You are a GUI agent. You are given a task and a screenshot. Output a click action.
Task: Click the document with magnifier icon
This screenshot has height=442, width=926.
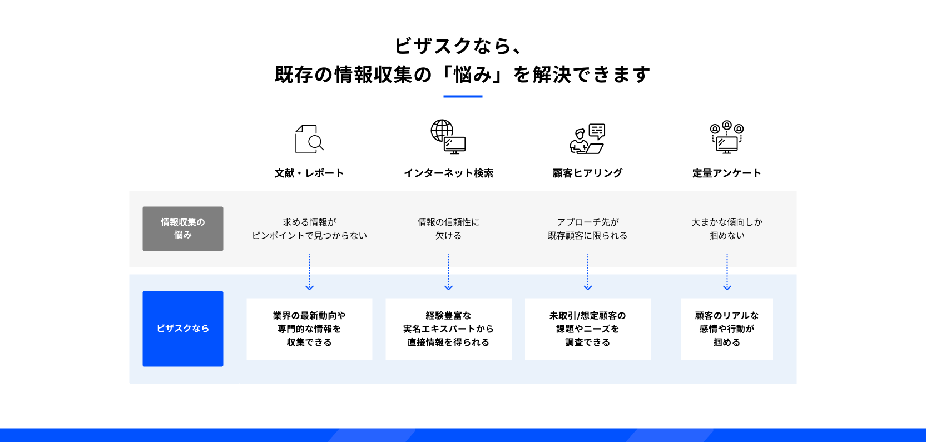pyautogui.click(x=309, y=139)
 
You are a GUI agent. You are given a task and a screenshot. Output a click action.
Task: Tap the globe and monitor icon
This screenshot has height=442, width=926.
pyautogui.click(x=448, y=136)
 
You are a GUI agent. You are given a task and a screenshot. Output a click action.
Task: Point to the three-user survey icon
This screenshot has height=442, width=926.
pyautogui.click(x=727, y=137)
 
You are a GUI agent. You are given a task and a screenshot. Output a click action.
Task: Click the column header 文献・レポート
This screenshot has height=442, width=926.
pyautogui.click(x=309, y=173)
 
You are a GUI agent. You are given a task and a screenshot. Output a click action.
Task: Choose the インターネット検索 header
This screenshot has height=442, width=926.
pyautogui.click(x=448, y=173)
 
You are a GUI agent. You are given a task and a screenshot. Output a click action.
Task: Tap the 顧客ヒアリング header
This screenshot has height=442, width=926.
pyautogui.click(x=587, y=173)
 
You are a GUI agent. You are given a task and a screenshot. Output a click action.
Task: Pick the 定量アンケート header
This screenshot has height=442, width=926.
pyautogui.click(x=727, y=173)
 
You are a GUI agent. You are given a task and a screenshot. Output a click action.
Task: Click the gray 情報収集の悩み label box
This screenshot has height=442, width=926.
pyautogui.click(x=183, y=229)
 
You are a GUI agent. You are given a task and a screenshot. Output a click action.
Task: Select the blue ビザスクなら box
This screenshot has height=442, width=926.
pyautogui.click(x=183, y=329)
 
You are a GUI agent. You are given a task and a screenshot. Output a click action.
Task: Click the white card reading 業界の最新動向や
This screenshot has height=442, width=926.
pyautogui.click(x=309, y=329)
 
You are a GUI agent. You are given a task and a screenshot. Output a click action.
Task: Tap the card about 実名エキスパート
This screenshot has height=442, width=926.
pyautogui.click(x=448, y=329)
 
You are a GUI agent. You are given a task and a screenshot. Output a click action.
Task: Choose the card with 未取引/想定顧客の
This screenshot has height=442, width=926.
pyautogui.click(x=587, y=329)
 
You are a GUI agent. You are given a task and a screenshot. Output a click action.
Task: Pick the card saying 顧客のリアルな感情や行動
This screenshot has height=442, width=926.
pyautogui.click(x=727, y=329)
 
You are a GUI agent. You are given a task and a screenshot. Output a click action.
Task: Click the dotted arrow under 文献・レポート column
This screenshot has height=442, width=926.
pyautogui.click(x=309, y=272)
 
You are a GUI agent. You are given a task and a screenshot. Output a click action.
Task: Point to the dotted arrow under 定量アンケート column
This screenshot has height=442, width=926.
pyautogui.click(x=727, y=272)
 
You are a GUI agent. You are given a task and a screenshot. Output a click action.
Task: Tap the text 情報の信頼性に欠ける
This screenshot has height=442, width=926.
pyautogui.click(x=448, y=229)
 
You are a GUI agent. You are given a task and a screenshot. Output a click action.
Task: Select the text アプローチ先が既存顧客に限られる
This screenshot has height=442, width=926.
pyautogui.click(x=587, y=229)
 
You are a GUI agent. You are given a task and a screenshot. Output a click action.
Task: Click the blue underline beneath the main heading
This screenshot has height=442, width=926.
pyautogui.click(x=463, y=97)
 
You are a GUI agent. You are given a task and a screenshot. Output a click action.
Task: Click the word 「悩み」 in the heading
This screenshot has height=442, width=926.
pyautogui.click(x=473, y=75)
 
